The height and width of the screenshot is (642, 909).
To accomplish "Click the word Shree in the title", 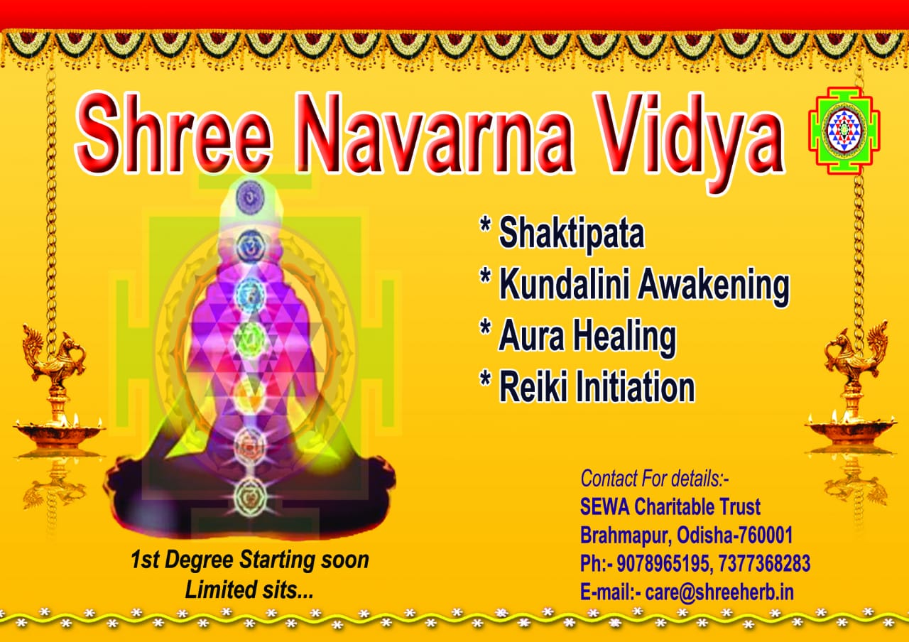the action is [173, 133].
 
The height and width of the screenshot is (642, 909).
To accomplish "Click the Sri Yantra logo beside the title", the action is [844, 130].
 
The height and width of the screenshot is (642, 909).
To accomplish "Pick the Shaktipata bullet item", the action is [562, 232].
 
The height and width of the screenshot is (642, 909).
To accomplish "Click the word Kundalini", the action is [564, 283].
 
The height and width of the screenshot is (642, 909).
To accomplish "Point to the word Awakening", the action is [714, 286].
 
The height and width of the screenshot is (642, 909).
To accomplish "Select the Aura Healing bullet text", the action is [578, 337].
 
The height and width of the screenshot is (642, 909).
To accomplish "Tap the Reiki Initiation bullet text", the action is [587, 386].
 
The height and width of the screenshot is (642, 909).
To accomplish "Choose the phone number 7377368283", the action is [764, 563].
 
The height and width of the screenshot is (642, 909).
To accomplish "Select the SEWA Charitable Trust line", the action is [670, 506].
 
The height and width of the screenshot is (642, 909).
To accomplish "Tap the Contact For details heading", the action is [654, 478].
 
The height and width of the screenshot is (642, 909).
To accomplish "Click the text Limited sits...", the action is [249, 589].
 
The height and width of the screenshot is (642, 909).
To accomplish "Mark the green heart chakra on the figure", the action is [250, 337].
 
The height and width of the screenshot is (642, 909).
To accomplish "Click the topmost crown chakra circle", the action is [251, 197].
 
